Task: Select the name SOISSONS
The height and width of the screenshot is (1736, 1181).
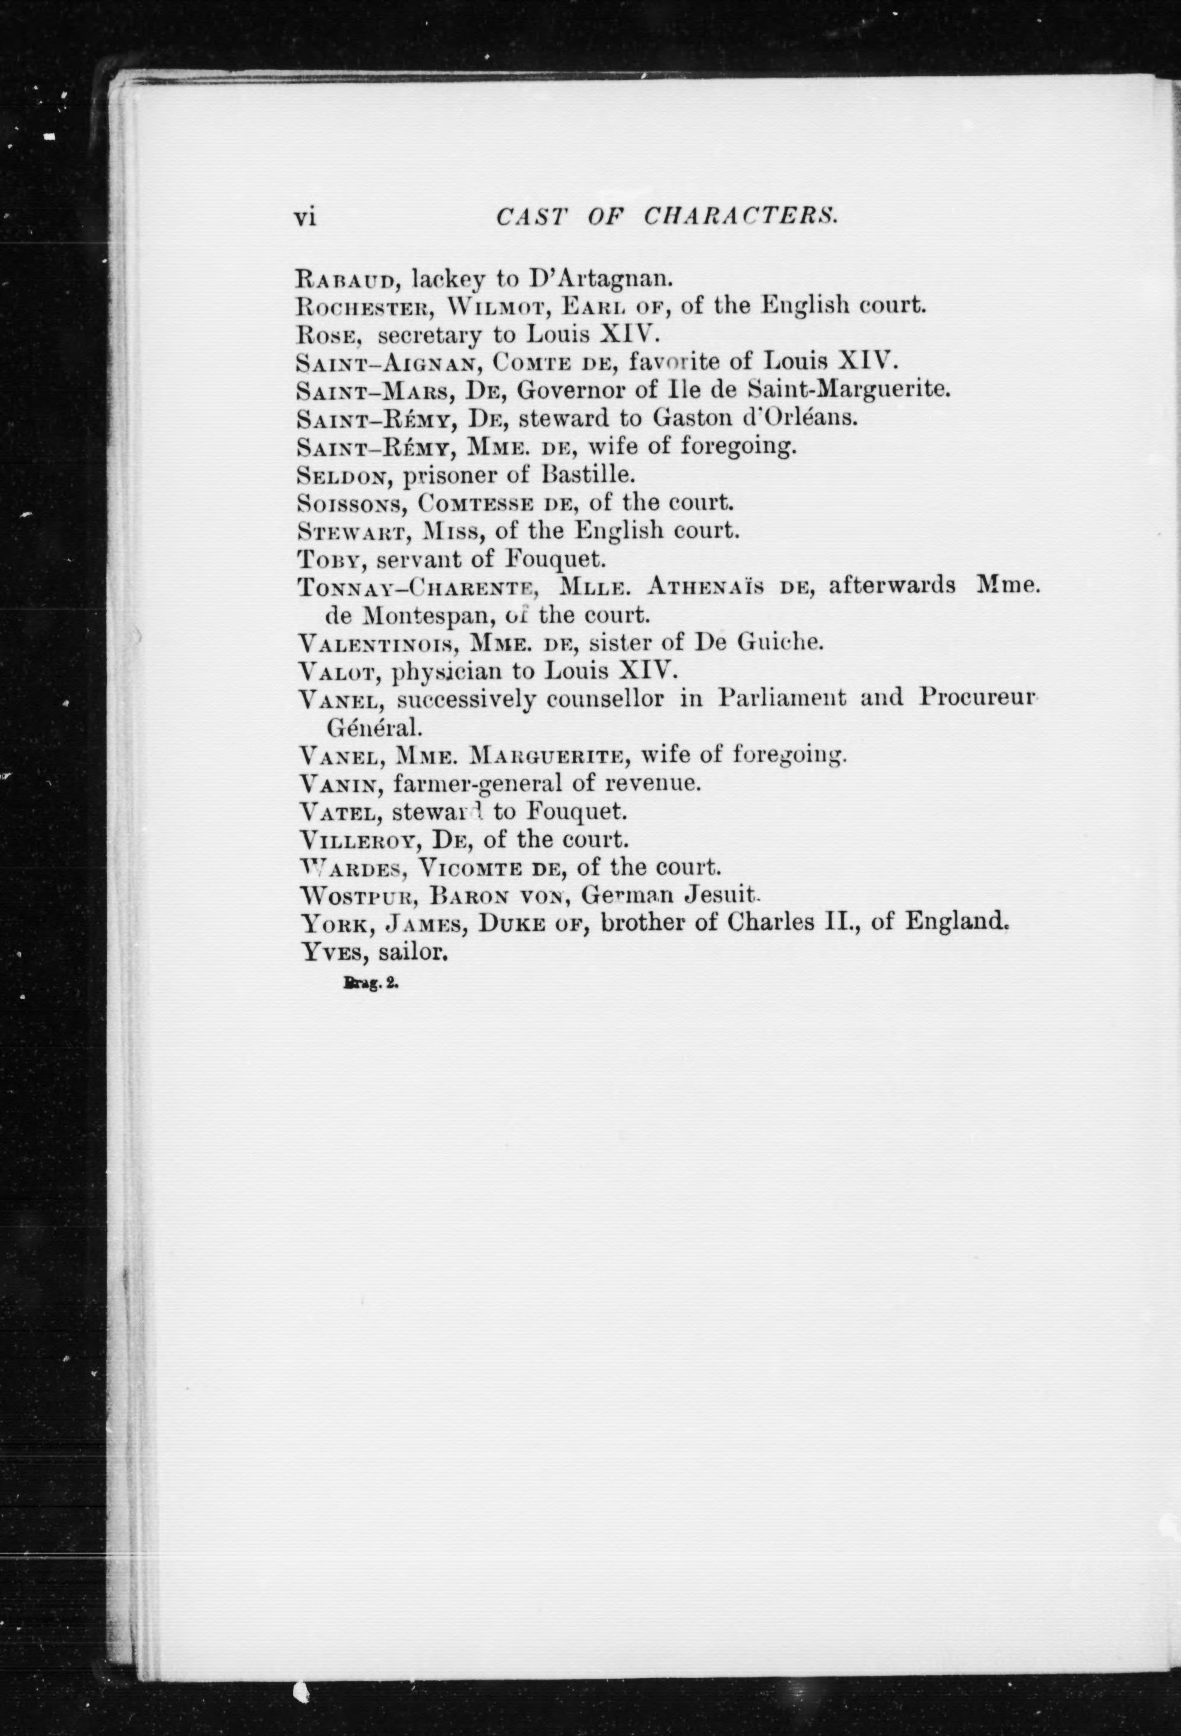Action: click(350, 503)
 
